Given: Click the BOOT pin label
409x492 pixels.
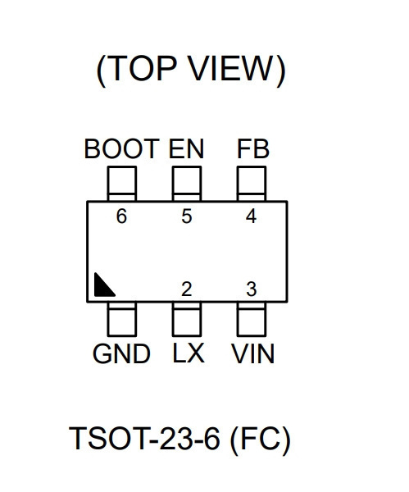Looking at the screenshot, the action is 121,148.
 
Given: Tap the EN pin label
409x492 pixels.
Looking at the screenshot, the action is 186,148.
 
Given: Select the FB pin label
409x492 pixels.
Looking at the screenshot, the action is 253,148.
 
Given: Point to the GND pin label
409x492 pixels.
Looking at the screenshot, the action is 121,353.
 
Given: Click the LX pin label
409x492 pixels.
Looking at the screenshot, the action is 189,353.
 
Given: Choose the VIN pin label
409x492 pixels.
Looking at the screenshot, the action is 252,353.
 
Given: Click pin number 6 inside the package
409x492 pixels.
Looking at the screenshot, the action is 121,216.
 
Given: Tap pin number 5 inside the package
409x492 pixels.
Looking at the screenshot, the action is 187,216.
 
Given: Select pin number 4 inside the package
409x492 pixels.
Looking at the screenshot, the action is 252,216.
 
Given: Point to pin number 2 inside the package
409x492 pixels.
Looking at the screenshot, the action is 187,289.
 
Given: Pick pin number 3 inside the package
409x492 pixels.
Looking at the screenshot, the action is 252,289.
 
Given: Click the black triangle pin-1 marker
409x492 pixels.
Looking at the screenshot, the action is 102,288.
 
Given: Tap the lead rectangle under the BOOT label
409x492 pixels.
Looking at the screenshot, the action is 122,184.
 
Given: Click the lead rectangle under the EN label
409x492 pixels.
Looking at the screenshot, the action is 187,184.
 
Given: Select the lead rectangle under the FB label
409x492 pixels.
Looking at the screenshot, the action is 252,184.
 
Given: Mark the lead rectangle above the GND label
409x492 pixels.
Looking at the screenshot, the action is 122,319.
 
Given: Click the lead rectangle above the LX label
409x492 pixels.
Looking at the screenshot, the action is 187,319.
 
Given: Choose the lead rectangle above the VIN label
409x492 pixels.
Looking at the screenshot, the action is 252,319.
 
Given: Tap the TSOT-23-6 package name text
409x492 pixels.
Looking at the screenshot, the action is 144,438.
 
